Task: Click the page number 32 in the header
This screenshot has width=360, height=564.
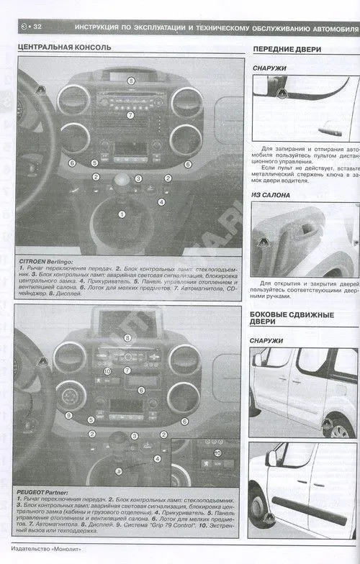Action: tap(36, 27)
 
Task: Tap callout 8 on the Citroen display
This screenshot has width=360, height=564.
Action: tap(131, 81)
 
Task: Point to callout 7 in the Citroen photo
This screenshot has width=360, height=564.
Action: tap(130, 114)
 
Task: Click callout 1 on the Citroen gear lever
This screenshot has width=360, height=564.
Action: tap(121, 214)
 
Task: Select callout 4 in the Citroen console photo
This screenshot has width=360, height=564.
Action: tap(161, 202)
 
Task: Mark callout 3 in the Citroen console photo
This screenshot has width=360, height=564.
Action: tap(139, 178)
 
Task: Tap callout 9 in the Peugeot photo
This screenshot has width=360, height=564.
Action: tap(68, 415)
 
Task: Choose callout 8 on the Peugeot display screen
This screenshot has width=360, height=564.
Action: tap(127, 337)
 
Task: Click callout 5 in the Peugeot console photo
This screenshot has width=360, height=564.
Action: tap(91, 419)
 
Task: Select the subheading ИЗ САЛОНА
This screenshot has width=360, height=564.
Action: tap(271, 195)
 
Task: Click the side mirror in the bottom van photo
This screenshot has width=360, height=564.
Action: tap(271, 458)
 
